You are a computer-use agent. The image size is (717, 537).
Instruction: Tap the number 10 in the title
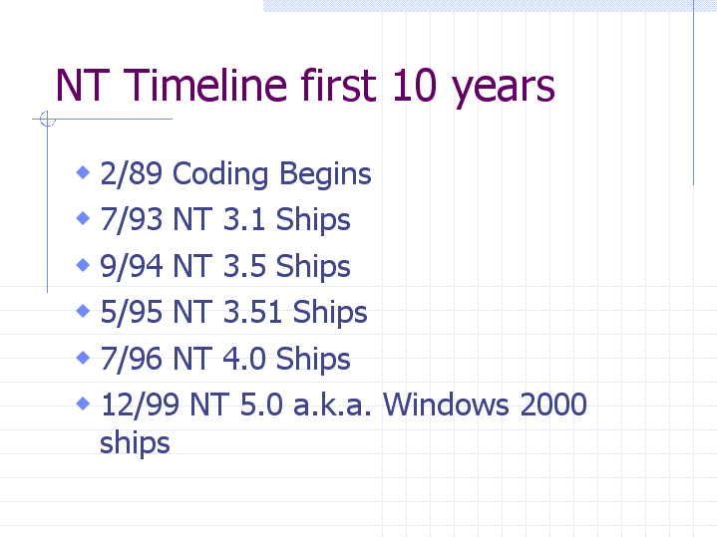pyautogui.click(x=414, y=85)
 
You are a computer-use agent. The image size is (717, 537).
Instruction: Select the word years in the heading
pyautogui.click(x=503, y=89)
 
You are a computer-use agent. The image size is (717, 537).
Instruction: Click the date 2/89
pyautogui.click(x=132, y=173)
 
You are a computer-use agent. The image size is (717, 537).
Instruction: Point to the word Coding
pyautogui.click(x=220, y=174)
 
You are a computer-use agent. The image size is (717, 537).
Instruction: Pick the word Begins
pyautogui.click(x=325, y=174)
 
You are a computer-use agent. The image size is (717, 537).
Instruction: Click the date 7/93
pyautogui.click(x=132, y=219)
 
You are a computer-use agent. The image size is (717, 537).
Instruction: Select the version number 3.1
pyautogui.click(x=244, y=219)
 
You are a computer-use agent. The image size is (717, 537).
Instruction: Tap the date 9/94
pyautogui.click(x=132, y=266)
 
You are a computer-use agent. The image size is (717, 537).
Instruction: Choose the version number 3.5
pyautogui.click(x=244, y=266)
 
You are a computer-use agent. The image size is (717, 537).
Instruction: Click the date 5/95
pyautogui.click(x=132, y=313)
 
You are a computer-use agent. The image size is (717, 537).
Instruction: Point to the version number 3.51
pyautogui.click(x=252, y=313)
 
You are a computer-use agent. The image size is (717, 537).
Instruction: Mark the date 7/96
pyautogui.click(x=132, y=359)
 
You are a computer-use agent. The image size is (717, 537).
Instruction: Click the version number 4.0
pyautogui.click(x=244, y=359)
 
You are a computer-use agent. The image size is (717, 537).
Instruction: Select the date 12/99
pyautogui.click(x=140, y=404)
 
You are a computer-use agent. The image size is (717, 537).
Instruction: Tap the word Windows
pyautogui.click(x=446, y=404)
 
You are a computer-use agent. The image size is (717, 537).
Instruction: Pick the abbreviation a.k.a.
pyautogui.click(x=332, y=404)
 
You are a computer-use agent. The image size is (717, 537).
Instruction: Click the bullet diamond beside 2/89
pyautogui.click(x=83, y=172)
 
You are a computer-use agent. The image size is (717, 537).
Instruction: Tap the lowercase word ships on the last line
pyautogui.click(x=135, y=443)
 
